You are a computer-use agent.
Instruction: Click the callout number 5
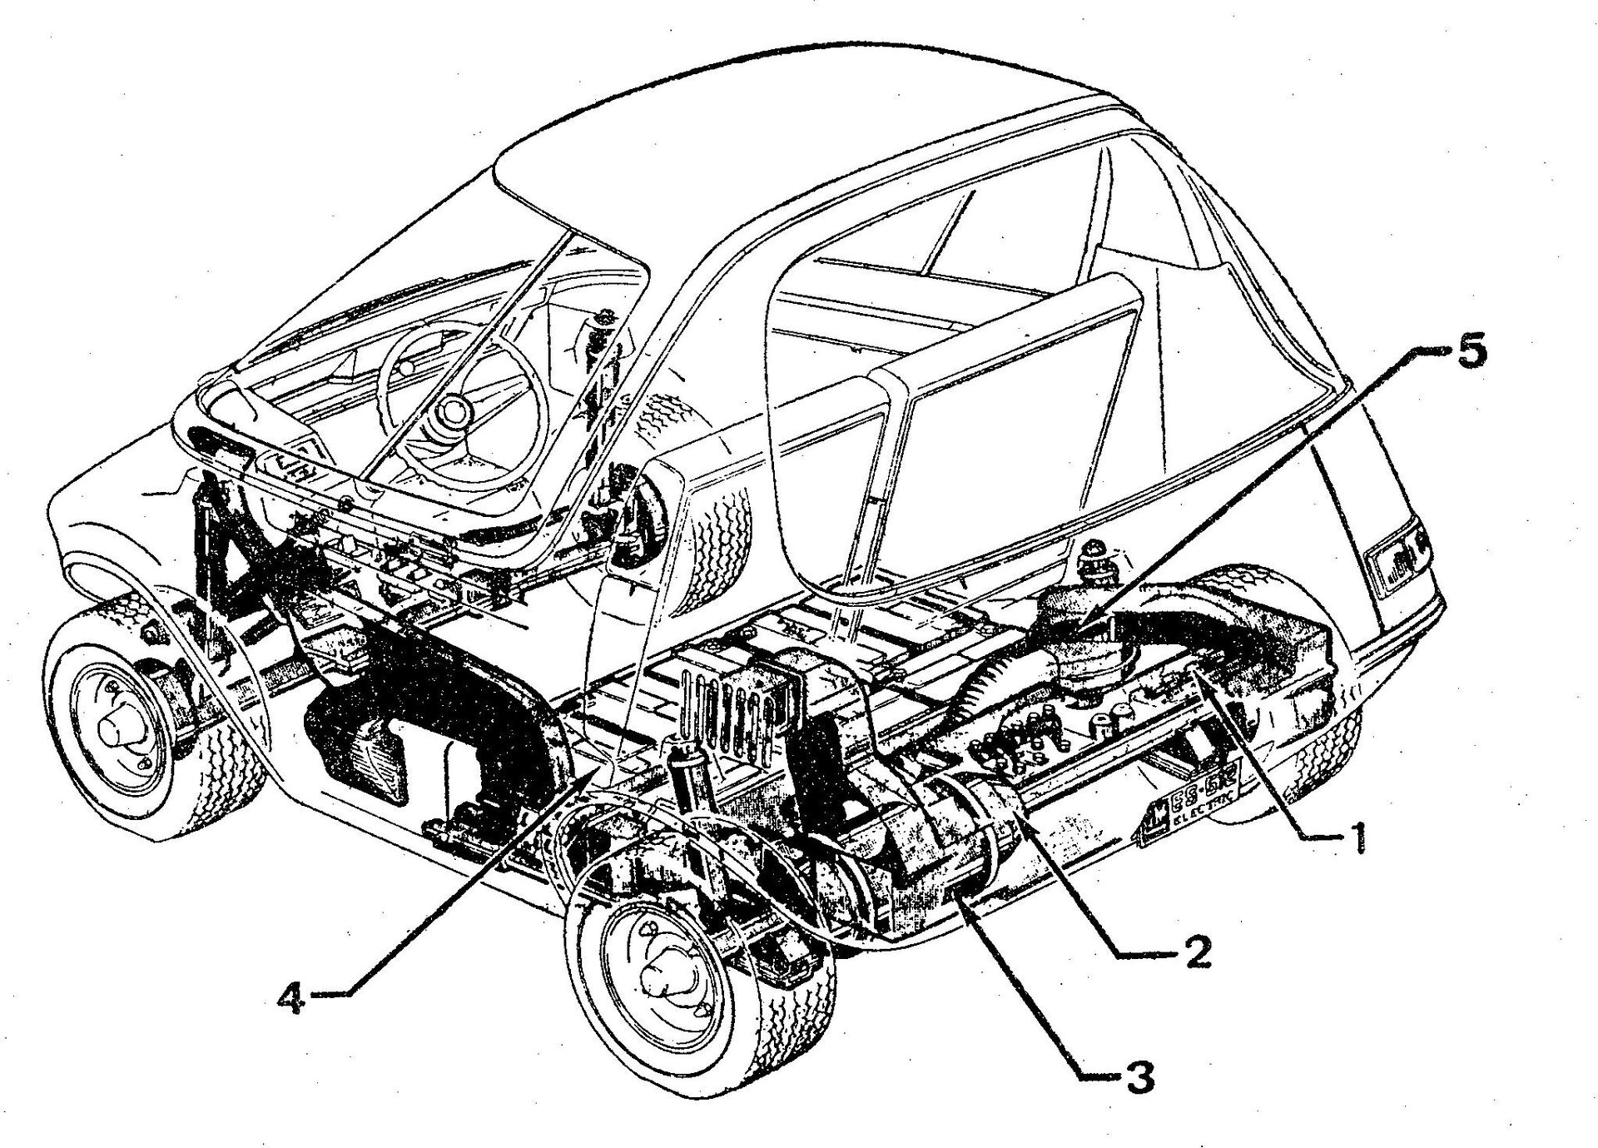point(1466,352)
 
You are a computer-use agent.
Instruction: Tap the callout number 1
point(1357,837)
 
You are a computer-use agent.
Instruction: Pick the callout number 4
point(291,997)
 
